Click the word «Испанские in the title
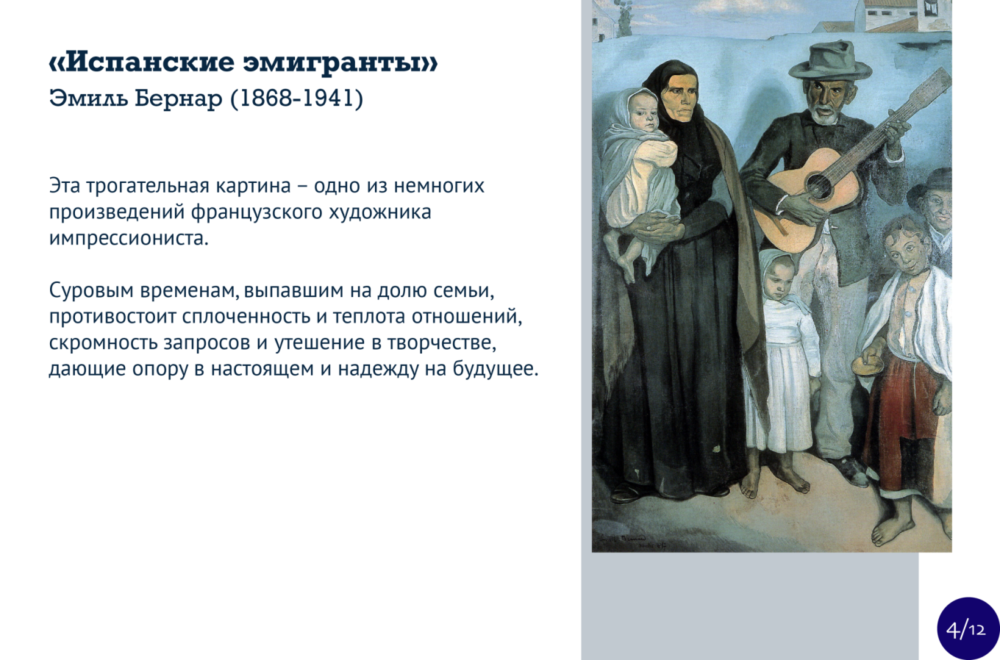pyautogui.click(x=141, y=62)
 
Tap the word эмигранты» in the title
pyautogui.click(x=340, y=62)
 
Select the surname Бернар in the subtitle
pyautogui.click(x=179, y=98)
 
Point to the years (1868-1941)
pyautogui.click(x=297, y=99)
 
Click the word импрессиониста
pyautogui.click(x=129, y=238)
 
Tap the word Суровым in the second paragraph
pyautogui.click(x=91, y=290)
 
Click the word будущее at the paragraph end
pyautogui.click(x=496, y=369)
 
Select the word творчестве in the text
pyautogui.click(x=441, y=342)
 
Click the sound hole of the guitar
pyautogui.click(x=818, y=184)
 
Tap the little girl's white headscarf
pyautogui.click(x=777, y=272)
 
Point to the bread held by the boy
pyautogui.click(x=867, y=365)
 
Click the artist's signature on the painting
pyautogui.click(x=633, y=542)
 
